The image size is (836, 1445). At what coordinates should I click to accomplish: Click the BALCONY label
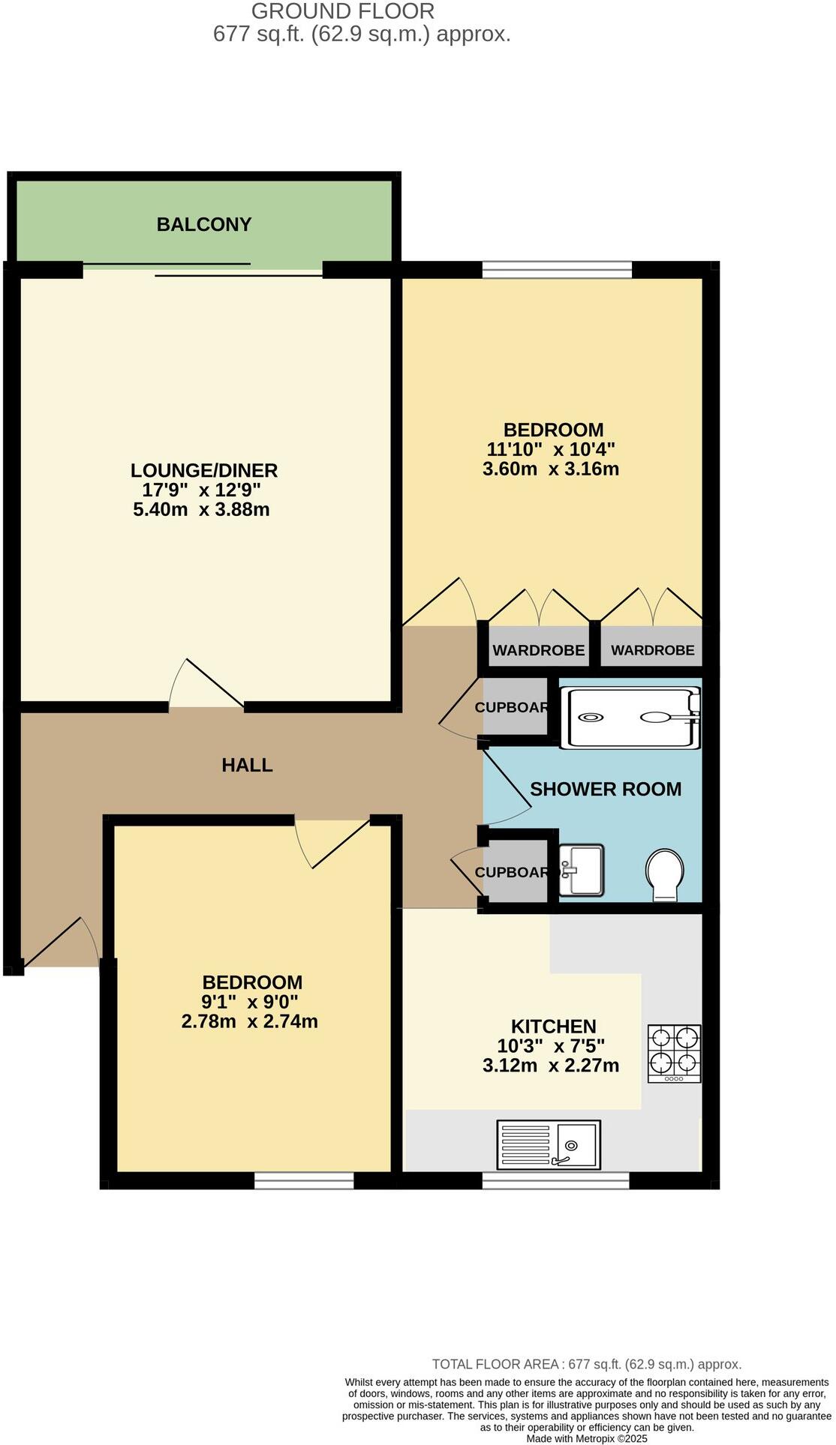click(203, 224)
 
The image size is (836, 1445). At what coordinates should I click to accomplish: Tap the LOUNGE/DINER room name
click(203, 470)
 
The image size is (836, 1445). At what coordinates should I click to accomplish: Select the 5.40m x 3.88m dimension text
click(201, 510)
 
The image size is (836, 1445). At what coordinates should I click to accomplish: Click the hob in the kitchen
click(674, 1053)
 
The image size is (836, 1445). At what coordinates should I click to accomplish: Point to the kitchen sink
click(549, 1144)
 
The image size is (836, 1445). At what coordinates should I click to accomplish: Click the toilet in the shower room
click(664, 874)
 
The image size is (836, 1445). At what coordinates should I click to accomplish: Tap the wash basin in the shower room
click(581, 870)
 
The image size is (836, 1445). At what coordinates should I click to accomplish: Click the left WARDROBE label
click(538, 650)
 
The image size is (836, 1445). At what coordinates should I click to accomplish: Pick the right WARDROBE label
click(652, 650)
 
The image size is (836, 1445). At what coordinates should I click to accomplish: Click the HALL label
click(247, 765)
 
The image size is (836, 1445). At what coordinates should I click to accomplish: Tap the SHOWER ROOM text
click(605, 789)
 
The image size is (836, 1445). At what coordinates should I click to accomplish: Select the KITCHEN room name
click(553, 1027)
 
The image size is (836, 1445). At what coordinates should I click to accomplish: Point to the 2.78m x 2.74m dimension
click(249, 1021)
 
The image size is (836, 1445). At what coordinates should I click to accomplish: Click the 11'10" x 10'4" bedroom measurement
click(551, 450)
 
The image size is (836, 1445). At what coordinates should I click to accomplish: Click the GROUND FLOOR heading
click(342, 11)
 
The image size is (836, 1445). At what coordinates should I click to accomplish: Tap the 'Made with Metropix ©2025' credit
click(586, 1438)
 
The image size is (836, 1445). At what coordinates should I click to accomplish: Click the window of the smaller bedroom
click(304, 1181)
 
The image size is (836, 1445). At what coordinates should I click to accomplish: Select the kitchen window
click(555, 1181)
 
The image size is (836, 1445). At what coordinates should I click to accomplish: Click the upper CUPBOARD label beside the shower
click(512, 707)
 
